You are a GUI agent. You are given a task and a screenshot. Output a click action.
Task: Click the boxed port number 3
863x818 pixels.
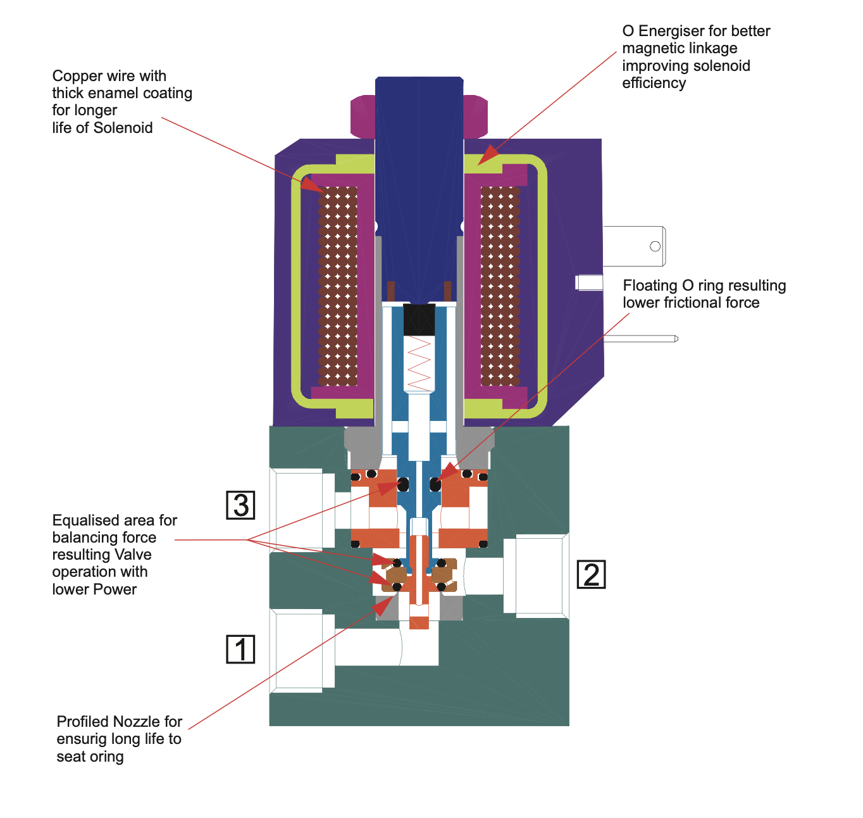(x=240, y=505)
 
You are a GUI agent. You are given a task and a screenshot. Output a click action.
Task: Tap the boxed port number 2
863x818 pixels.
(x=591, y=575)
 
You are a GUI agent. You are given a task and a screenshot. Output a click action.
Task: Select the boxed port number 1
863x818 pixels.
(x=240, y=650)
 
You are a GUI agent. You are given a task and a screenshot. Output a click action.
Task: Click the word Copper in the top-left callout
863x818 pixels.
(x=77, y=76)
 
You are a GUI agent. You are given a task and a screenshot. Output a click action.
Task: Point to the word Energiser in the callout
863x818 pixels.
(x=672, y=31)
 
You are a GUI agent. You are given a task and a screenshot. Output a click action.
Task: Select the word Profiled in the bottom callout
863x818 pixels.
(x=84, y=722)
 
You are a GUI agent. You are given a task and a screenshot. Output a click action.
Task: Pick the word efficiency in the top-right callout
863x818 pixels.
(x=654, y=83)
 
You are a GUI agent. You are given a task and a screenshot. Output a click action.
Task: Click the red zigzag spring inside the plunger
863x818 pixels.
(x=419, y=363)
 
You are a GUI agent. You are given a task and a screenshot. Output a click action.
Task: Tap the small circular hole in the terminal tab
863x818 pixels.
(x=655, y=246)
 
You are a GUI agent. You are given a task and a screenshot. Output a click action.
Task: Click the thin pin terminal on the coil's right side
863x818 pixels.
(x=640, y=339)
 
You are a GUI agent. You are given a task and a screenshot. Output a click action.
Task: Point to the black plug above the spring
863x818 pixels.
(x=419, y=319)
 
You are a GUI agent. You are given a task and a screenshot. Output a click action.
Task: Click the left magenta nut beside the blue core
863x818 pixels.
(x=363, y=116)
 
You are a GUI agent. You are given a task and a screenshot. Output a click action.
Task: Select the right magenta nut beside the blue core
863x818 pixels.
(x=475, y=116)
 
